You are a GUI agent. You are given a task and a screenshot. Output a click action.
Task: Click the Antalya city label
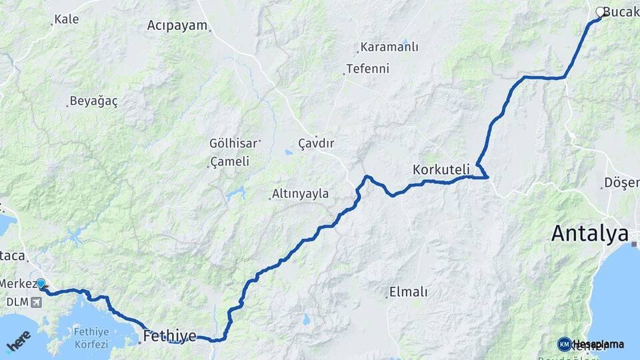(590, 234)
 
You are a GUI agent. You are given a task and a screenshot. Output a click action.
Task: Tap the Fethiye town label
(169, 335)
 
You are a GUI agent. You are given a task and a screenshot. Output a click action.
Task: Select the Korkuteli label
(441, 169)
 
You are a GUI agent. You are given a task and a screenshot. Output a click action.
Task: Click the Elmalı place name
(407, 291)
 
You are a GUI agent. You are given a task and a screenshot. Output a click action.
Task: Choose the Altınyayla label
(300, 194)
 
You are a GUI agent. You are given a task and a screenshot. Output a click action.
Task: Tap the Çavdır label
(316, 143)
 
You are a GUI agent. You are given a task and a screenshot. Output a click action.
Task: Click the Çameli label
(229, 161)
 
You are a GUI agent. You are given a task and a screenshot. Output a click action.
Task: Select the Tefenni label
(367, 69)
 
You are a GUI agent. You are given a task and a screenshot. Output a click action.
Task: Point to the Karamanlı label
(389, 47)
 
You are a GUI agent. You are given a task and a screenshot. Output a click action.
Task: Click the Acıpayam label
(177, 26)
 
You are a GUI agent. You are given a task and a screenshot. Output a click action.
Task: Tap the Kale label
(67, 19)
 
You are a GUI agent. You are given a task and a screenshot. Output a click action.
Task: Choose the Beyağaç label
(93, 101)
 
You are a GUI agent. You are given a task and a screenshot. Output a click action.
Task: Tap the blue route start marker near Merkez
(41, 284)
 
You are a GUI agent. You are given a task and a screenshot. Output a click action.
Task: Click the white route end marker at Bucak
(600, 12)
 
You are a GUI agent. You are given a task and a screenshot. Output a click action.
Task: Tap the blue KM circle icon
(564, 344)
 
